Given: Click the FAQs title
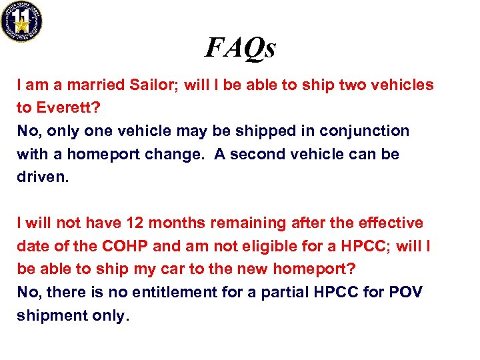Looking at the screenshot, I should coord(240,47).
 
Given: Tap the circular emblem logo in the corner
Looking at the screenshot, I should coord(21,21).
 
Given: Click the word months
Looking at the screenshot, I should coord(175,223).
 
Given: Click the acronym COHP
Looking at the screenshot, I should coord(125,246).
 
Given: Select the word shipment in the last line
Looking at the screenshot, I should coord(49,315).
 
